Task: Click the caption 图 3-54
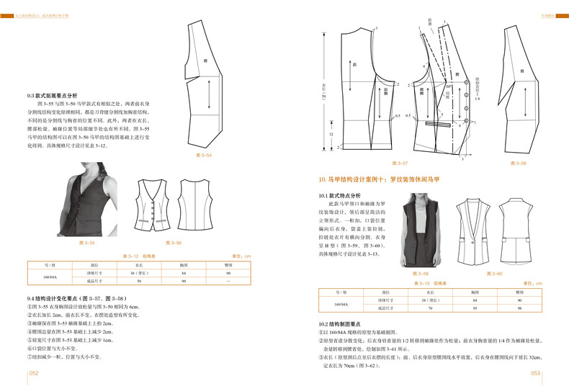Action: pyautogui.click(x=205, y=156)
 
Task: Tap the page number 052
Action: pyautogui.click(x=33, y=374)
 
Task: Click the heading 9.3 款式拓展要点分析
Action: pyautogui.click(x=57, y=95)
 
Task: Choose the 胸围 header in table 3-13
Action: pyautogui.click(x=475, y=293)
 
